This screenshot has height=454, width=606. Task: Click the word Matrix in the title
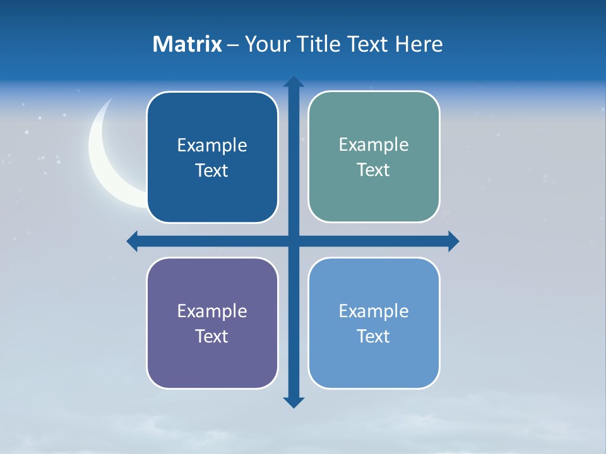187,44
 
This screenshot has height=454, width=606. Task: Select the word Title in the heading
323,44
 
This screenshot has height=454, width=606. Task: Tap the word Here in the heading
419,44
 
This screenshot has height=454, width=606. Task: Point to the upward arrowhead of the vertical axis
294,82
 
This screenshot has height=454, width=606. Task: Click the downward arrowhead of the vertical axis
294,402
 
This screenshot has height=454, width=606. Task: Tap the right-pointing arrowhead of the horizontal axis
453,241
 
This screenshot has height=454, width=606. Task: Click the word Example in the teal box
374,144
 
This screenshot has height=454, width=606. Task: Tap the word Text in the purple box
211,336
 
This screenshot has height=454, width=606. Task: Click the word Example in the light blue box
374,311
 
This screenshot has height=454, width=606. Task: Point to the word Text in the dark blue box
211,170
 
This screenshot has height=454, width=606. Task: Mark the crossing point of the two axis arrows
294,241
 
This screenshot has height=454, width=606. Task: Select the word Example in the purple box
212,311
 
